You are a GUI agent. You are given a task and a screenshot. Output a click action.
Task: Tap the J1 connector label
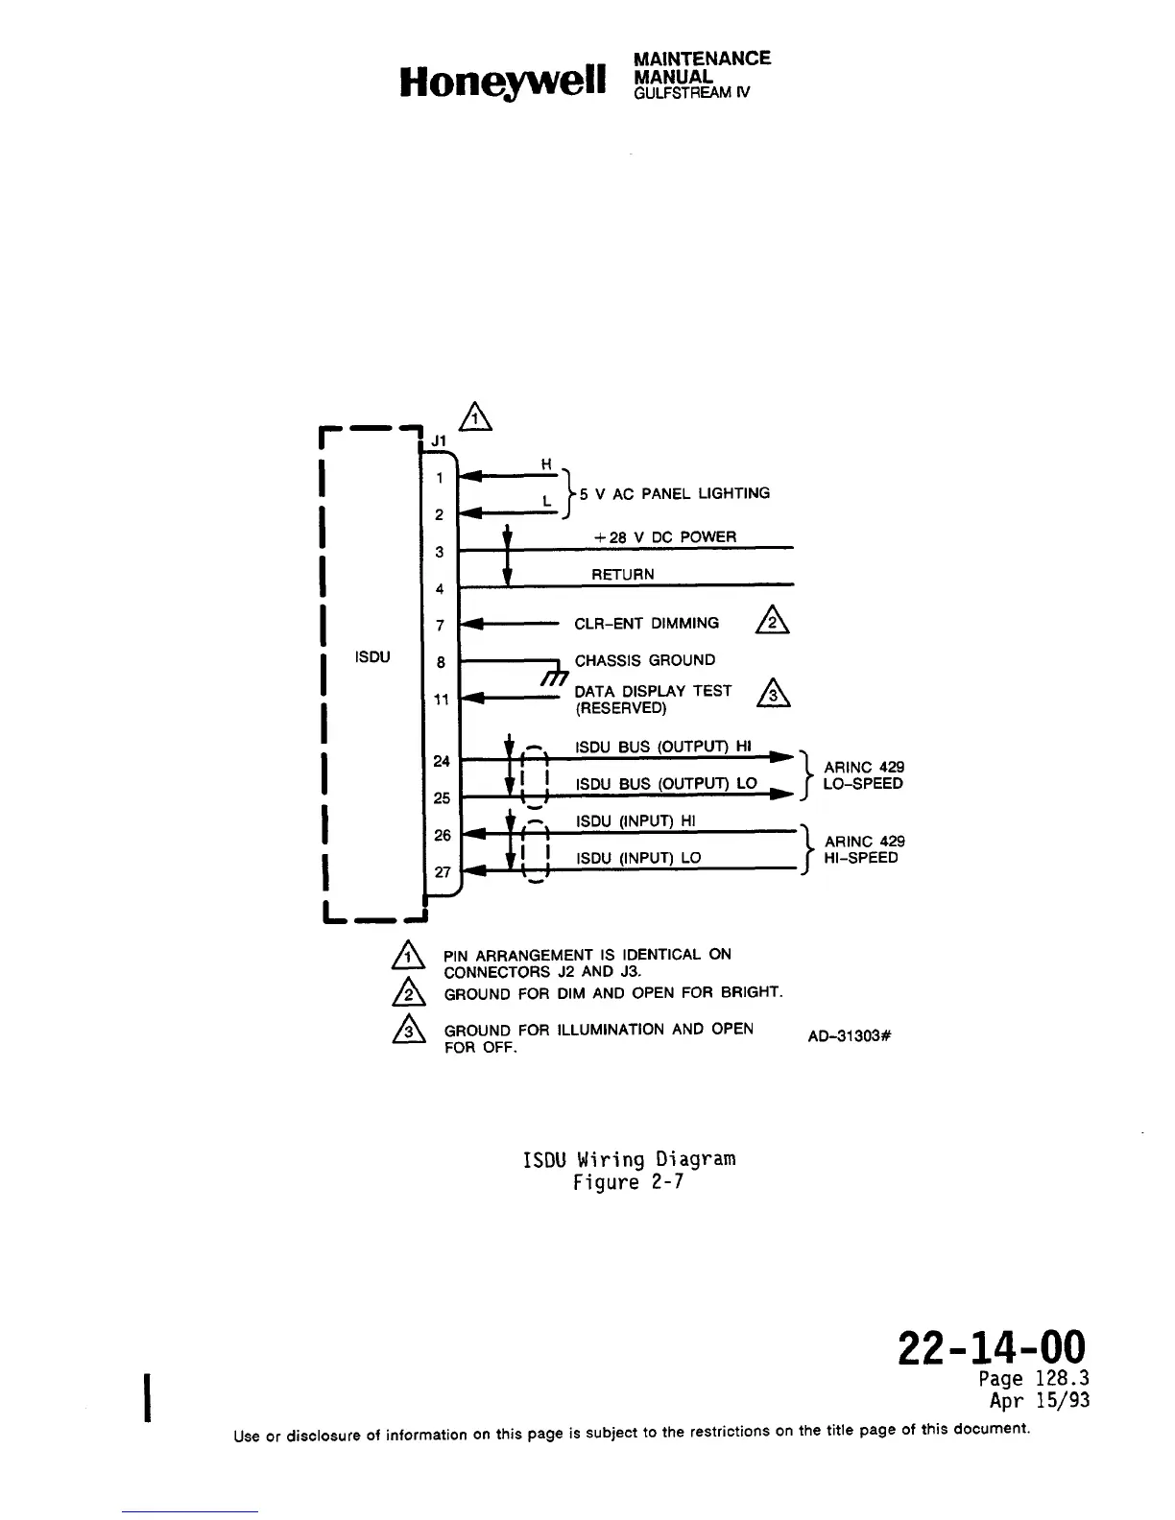coord(439,440)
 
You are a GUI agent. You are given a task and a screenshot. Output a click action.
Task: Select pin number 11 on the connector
coord(441,700)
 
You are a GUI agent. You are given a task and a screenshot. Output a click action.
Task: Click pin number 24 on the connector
coord(442,761)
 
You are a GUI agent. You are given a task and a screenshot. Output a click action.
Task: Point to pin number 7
coord(440,626)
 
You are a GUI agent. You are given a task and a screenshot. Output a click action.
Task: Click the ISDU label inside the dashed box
coord(372,657)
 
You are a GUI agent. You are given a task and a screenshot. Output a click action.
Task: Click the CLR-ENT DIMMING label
coord(646,624)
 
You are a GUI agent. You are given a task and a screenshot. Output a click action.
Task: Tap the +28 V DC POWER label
coord(665,537)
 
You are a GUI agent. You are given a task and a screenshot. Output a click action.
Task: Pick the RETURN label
coord(622,575)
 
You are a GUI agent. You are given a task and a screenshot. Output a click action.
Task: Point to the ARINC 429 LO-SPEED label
coord(863,775)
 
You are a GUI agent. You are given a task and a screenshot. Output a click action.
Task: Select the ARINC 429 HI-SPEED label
coord(863,850)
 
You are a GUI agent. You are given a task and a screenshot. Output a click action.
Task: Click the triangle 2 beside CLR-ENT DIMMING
coord(773,623)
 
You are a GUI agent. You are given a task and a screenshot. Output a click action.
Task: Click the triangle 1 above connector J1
coord(474,416)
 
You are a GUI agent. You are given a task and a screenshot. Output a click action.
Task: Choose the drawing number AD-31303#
coord(851,1036)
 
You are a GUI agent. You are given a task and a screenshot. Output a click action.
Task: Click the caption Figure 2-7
coord(628,1182)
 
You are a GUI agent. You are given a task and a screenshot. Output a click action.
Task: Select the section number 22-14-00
coord(992,1346)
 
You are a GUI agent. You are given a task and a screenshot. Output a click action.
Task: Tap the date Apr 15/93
coord(1039,1400)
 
